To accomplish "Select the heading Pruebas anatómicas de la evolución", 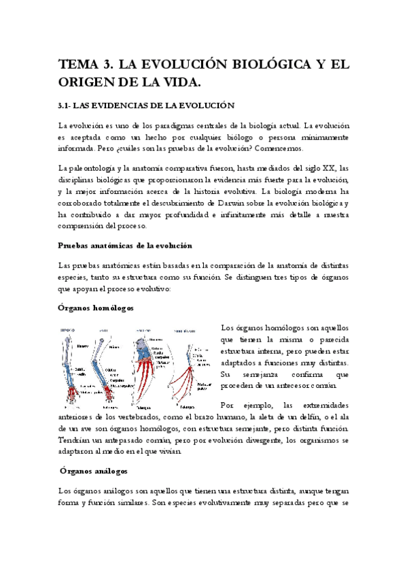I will tap(125, 245).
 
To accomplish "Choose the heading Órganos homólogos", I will tap(95, 308).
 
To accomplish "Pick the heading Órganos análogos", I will tap(92, 470).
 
